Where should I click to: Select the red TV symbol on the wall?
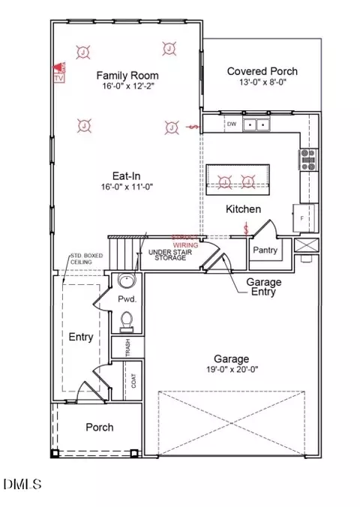click(x=60, y=72)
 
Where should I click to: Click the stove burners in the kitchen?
click(x=307, y=157)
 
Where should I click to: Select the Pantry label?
click(x=266, y=249)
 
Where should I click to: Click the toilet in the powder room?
click(x=127, y=322)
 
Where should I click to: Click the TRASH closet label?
click(x=127, y=347)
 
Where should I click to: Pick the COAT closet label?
click(x=133, y=381)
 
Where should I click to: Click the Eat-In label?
click(x=125, y=176)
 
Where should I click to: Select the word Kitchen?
click(x=244, y=209)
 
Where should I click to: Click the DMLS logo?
click(x=22, y=487)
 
